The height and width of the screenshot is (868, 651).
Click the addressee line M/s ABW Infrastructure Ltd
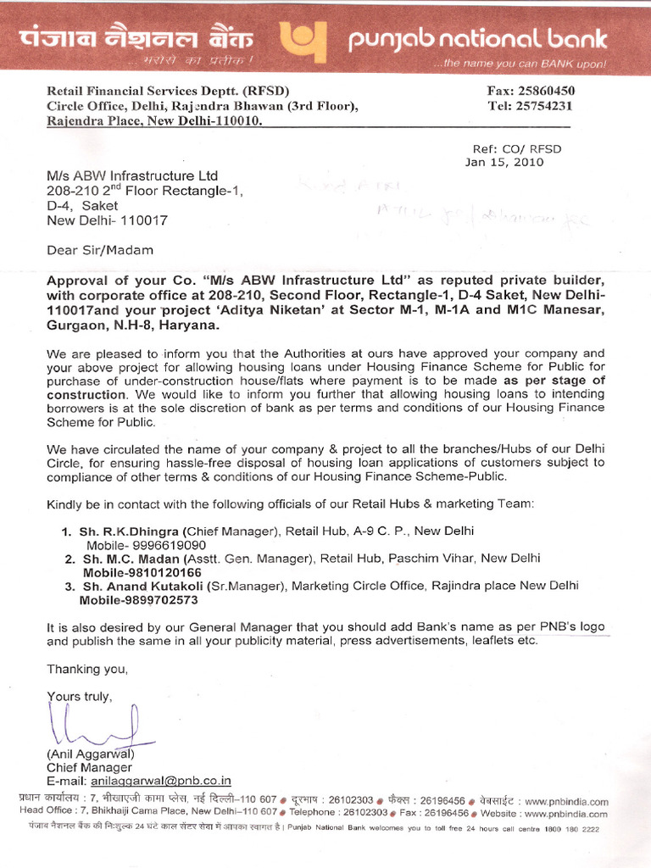pyautogui.click(x=132, y=175)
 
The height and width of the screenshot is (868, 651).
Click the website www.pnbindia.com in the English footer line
pyautogui.click(x=559, y=813)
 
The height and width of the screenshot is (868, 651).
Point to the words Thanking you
pyautogui.click(x=87, y=669)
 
